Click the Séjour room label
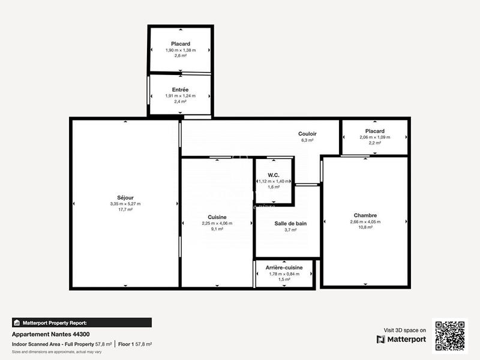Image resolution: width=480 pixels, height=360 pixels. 125,197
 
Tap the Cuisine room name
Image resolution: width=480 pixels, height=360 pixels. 217,217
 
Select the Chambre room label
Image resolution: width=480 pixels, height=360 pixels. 365,215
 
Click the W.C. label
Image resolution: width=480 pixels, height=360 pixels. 274,175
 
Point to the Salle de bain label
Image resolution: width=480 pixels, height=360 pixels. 290,223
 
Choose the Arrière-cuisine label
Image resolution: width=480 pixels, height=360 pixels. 284,268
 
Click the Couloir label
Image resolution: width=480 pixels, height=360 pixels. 308,134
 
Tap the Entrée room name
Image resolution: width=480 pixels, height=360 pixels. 180,89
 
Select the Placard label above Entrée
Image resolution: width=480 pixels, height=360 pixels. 181,44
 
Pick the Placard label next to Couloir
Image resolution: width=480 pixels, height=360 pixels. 374,131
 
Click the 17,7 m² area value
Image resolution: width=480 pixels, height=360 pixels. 125,210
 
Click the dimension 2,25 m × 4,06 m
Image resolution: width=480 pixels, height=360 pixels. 217,223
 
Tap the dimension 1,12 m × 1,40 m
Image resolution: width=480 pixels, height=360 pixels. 274,181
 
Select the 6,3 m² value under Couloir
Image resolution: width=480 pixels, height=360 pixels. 308,140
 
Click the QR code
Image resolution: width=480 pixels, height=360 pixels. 450,335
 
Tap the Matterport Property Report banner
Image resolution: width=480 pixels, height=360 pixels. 82,322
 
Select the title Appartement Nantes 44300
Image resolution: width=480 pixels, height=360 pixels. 51,334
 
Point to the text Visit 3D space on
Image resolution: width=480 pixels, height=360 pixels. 405,330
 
